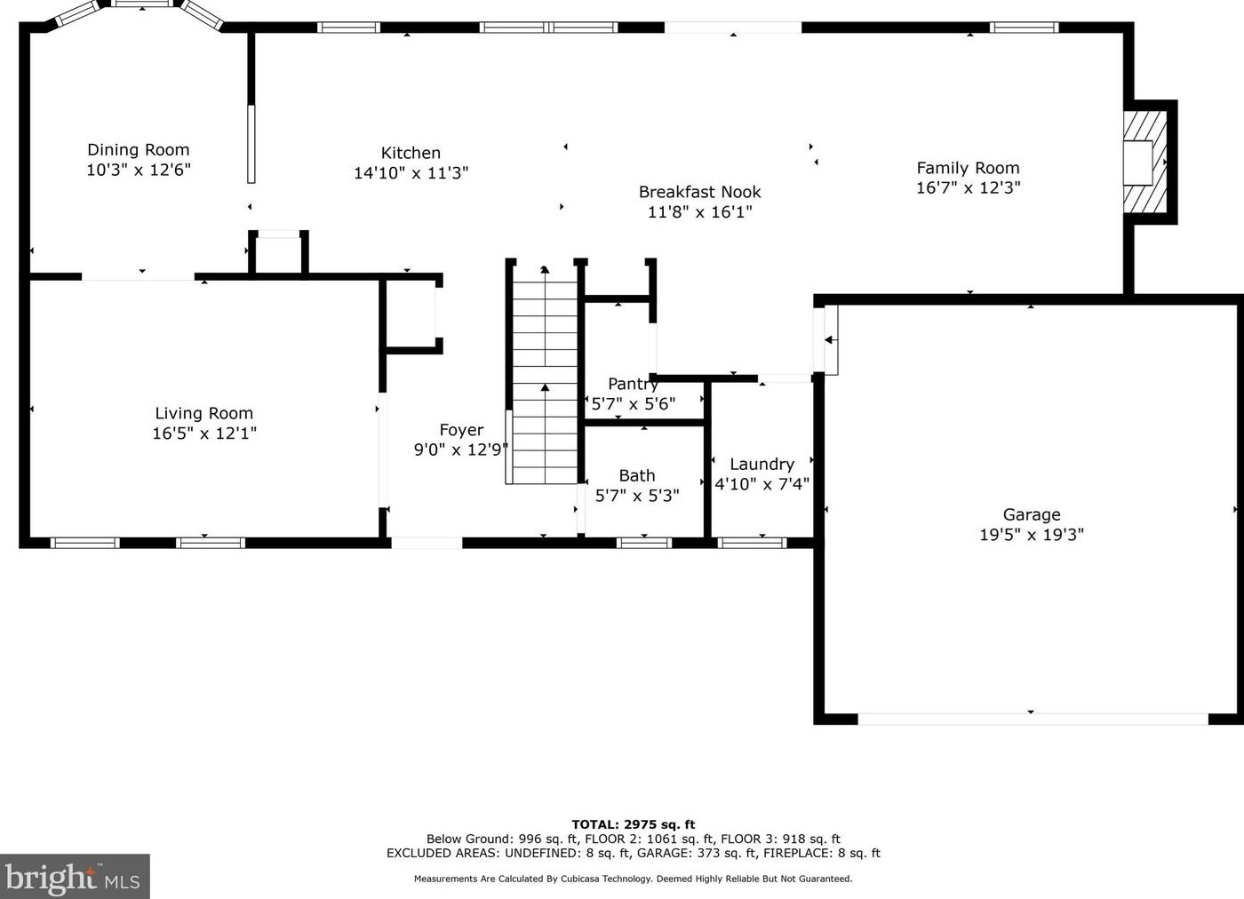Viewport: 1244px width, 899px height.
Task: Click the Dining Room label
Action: pyautogui.click(x=139, y=150)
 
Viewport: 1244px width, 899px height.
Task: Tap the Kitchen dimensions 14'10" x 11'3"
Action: pyautogui.click(x=411, y=172)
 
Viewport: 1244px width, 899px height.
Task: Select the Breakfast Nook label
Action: pyautogui.click(x=700, y=192)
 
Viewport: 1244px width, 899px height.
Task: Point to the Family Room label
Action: pyautogui.click(x=968, y=168)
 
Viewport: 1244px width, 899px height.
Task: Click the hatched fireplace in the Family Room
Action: pyautogui.click(x=1145, y=162)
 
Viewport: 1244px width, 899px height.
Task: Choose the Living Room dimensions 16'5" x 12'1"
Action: pyautogui.click(x=204, y=433)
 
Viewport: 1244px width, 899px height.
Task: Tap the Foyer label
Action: pyautogui.click(x=461, y=430)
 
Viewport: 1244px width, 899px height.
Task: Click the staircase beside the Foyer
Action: pyautogui.click(x=545, y=375)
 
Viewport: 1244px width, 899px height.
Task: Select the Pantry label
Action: pyautogui.click(x=633, y=384)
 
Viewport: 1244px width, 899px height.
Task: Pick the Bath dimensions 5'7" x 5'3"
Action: pyautogui.click(x=637, y=496)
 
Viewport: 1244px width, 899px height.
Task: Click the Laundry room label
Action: pyautogui.click(x=762, y=465)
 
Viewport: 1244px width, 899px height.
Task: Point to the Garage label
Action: pyautogui.click(x=1032, y=514)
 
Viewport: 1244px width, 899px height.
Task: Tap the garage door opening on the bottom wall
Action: pyautogui.click(x=1033, y=719)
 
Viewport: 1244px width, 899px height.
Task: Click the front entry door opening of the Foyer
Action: pyautogui.click(x=427, y=543)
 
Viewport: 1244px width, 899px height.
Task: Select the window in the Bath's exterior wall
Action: pyautogui.click(x=644, y=543)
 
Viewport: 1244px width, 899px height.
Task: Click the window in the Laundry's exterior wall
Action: pyautogui.click(x=753, y=543)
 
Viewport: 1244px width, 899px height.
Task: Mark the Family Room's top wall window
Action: pyautogui.click(x=1024, y=28)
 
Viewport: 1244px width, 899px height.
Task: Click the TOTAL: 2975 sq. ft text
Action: pyautogui.click(x=634, y=824)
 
